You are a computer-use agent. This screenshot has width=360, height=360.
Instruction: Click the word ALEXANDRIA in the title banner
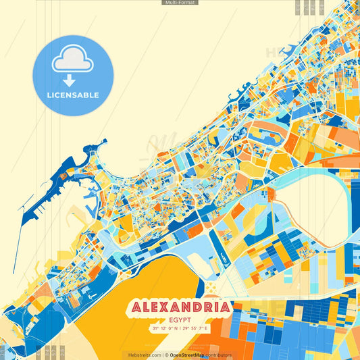[179, 308]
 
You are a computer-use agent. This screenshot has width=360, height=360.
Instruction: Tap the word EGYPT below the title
[179, 320]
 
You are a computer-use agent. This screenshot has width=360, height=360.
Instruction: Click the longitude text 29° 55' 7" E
[196, 328]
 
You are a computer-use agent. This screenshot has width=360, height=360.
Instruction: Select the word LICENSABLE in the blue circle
[73, 95]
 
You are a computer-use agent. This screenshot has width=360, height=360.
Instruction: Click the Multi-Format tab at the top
[180, 3]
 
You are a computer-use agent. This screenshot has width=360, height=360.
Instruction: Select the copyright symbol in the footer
[166, 355]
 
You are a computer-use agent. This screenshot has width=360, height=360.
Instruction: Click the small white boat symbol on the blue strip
[221, 255]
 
